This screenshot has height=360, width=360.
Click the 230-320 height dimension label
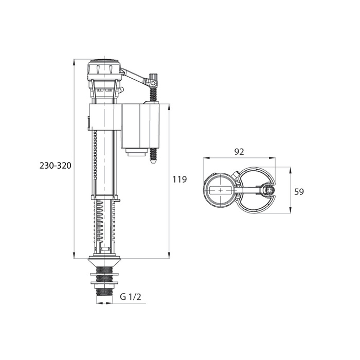tap(56, 165)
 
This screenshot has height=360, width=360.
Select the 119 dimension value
tap(179, 179)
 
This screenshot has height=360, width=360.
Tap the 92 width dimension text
tap(239, 152)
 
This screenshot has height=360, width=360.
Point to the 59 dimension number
tap(299, 192)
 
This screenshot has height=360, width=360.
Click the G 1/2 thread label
tap(131, 297)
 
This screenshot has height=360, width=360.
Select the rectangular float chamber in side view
tap(140, 126)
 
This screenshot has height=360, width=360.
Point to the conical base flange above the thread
tap(104, 262)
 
